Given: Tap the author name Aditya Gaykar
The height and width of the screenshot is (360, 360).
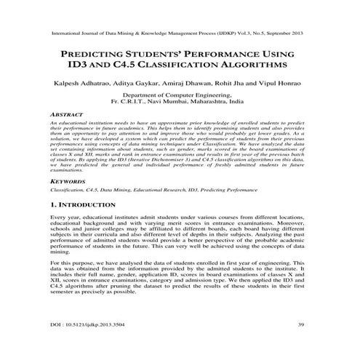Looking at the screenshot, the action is point(131,83).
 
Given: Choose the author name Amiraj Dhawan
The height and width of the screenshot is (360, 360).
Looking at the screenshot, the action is point(181,83).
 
